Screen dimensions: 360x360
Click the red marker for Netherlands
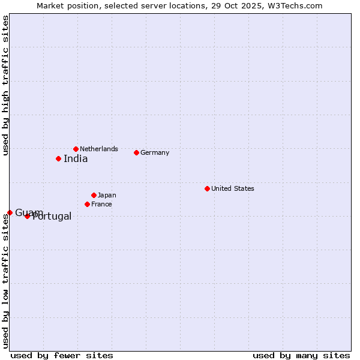point(76,149)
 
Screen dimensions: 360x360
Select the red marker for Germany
point(136,152)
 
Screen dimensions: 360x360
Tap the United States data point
point(207,188)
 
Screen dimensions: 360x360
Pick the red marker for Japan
point(94,195)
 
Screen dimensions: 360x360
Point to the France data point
point(87,204)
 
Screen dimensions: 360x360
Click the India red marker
point(58,158)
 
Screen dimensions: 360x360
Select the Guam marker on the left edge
point(10,212)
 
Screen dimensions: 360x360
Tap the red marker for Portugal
point(27,216)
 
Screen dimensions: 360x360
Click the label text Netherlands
point(99,149)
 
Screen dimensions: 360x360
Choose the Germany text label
point(155,152)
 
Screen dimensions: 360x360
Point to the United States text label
point(233,188)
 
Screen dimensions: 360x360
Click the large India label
point(76,159)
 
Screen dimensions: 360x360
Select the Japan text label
point(107,195)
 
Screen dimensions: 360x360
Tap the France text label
point(101,204)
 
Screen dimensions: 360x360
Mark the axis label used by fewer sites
point(62,355)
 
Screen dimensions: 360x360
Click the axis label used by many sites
point(301,355)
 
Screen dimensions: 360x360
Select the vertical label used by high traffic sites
point(5,85)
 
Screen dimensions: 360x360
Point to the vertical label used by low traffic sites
point(5,281)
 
